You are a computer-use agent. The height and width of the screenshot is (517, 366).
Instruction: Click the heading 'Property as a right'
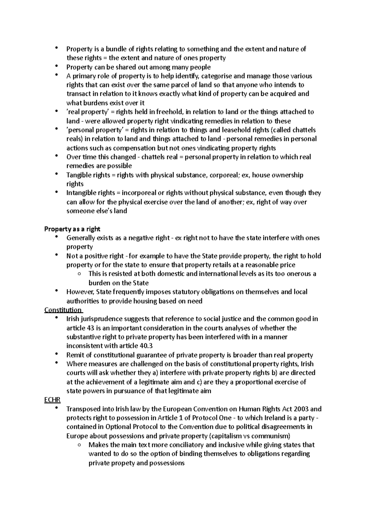[72, 229]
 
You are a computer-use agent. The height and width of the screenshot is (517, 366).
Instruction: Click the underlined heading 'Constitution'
[63, 310]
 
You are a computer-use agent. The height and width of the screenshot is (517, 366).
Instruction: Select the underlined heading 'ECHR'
[52, 400]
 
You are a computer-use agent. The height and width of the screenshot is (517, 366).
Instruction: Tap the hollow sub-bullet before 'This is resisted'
[79, 274]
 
